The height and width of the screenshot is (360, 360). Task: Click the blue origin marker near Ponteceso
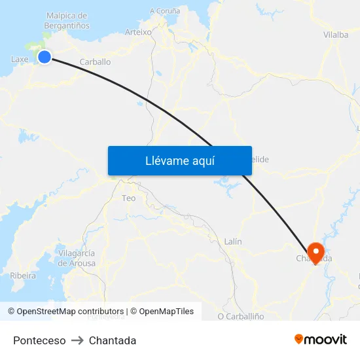click(45, 57)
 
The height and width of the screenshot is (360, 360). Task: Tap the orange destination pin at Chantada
click(315, 252)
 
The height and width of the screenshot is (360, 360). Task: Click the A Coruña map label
click(165, 10)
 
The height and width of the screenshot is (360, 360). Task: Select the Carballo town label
click(95, 62)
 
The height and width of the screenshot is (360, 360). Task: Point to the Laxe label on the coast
click(20, 60)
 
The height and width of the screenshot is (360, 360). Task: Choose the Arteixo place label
click(138, 31)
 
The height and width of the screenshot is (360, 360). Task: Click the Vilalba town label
click(336, 35)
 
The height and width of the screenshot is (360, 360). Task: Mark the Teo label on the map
click(129, 198)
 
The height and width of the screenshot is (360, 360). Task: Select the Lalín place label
click(233, 242)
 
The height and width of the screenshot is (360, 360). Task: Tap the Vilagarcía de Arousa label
click(77, 258)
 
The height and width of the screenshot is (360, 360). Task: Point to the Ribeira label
click(23, 276)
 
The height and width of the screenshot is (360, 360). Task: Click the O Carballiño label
click(241, 316)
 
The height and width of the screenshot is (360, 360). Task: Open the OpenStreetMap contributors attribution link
click(70, 312)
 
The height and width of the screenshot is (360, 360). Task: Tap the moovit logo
click(321, 339)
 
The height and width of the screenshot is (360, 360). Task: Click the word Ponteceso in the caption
click(39, 340)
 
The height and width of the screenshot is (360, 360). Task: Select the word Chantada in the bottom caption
click(113, 340)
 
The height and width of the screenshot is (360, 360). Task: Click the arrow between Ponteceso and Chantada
click(77, 340)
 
